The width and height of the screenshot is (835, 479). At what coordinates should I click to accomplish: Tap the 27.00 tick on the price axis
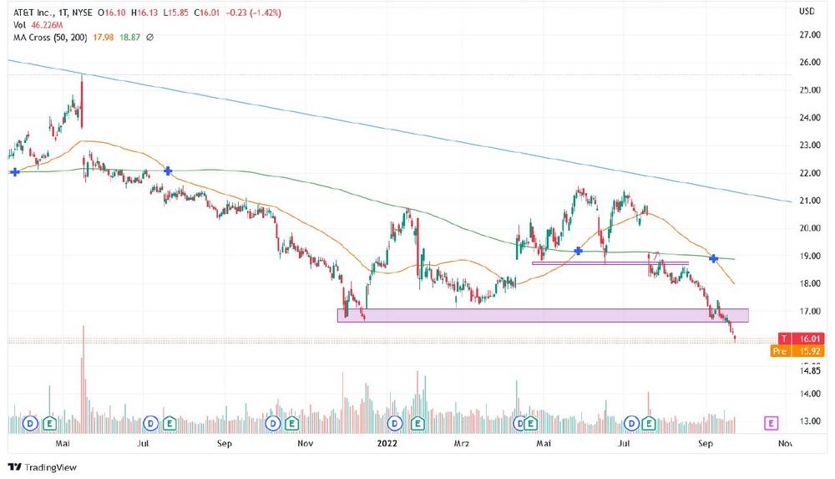tap(807, 35)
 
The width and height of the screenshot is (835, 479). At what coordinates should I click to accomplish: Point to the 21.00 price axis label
tap(807, 201)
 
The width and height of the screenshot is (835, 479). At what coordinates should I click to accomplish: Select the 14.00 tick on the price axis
tap(807, 394)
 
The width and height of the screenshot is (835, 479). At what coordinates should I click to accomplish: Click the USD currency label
tap(807, 12)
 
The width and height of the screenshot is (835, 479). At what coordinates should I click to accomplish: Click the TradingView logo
tap(42, 467)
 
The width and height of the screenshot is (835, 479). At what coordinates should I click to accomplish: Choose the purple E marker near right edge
tap(771, 423)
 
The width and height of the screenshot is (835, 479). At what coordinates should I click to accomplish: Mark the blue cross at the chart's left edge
tap(15, 172)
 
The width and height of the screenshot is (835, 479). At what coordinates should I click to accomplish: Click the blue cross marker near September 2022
tap(714, 258)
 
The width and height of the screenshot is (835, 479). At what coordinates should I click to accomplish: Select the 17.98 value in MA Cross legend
tap(104, 38)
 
